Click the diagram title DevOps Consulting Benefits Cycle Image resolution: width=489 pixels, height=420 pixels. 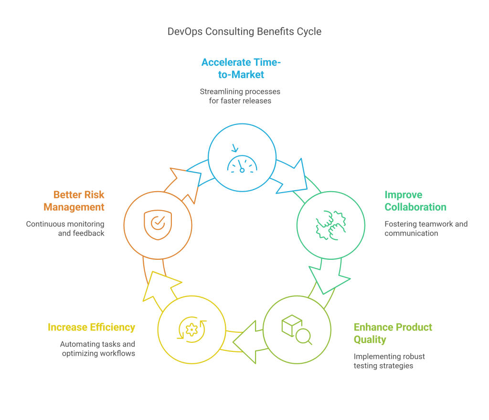(244, 31)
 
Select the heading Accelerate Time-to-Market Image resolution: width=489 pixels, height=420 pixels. (240, 68)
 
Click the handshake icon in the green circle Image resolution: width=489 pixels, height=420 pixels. (330, 225)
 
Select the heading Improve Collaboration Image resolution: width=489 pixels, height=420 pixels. (415, 201)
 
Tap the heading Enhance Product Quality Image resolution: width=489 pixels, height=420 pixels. (393, 333)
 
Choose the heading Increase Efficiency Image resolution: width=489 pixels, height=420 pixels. (91, 327)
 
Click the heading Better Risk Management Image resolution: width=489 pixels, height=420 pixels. (74, 201)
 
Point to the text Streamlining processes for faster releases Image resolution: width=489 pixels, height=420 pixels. (240, 96)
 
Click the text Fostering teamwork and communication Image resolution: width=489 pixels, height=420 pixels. (425, 228)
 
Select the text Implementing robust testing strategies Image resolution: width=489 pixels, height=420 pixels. (389, 361)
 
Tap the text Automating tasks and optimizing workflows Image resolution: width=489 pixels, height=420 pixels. (98, 348)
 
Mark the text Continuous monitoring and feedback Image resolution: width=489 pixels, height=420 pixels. (65, 228)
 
